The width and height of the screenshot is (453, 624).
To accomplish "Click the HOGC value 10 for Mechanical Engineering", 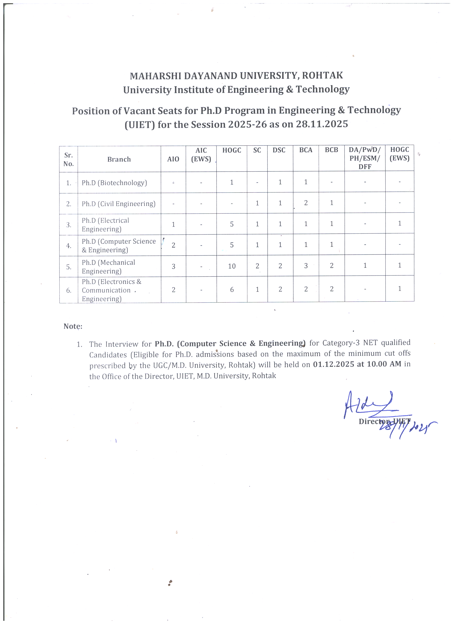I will (232, 266).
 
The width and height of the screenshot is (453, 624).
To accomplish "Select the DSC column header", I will (279, 150).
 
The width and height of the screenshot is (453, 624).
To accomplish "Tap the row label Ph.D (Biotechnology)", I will (114, 183).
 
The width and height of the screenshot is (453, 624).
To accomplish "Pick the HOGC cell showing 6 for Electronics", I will (232, 289).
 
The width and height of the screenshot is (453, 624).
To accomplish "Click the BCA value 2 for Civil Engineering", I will (306, 203).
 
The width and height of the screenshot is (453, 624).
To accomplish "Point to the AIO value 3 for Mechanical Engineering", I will (173, 266).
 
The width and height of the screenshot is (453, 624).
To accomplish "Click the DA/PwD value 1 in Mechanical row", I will (365, 266).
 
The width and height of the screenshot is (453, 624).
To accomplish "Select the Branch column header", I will (119, 159).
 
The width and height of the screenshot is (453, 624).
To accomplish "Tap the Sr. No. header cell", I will (68, 159).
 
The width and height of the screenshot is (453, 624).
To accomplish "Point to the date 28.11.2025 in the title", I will (322, 124).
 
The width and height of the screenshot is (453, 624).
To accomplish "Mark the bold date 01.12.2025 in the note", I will (333, 364).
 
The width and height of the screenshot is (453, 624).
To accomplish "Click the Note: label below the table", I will (73, 326).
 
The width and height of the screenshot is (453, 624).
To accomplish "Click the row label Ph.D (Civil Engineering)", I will (118, 204).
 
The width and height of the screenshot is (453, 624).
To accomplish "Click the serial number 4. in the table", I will (69, 246).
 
